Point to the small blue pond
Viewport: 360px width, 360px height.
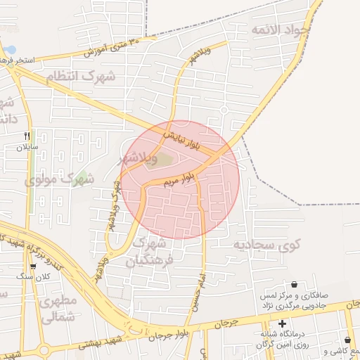pyautogui.click(x=9, y=51)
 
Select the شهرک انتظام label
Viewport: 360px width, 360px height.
pyautogui.click(x=80, y=76)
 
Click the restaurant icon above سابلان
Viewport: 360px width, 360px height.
pyautogui.click(x=27, y=136)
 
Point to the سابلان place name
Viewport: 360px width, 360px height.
pyautogui.click(x=22, y=148)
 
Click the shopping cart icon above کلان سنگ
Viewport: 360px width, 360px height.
pyautogui.click(x=33, y=266)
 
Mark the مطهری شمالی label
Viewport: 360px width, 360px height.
pyautogui.click(x=58, y=309)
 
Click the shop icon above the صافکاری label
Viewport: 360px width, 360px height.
pyautogui.click(x=293, y=284)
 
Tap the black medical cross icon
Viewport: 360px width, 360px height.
pyautogui.click(x=283, y=324)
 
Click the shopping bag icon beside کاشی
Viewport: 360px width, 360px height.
pyautogui.click(x=347, y=340)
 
